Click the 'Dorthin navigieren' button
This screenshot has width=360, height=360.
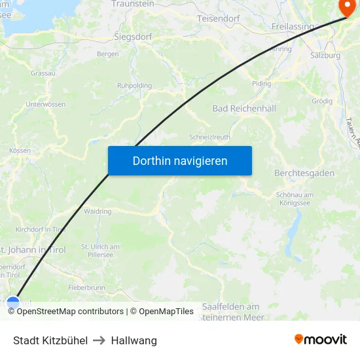[180, 160]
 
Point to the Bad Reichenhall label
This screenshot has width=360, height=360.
[244, 109]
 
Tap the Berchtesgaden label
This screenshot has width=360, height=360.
[304, 173]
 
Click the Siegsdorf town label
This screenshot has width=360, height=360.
[133, 37]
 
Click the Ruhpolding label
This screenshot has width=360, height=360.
[134, 86]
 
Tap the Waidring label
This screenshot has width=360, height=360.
[98, 211]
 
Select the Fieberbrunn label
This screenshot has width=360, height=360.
[86, 287]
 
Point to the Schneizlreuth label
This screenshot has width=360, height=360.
[209, 137]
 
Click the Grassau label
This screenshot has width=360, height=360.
[43, 73]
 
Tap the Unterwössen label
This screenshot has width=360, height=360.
[45, 105]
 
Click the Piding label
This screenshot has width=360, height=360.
[261, 84]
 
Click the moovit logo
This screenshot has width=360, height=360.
[320, 339]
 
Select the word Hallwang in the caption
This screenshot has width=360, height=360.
[134, 340]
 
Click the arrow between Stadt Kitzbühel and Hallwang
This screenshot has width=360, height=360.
[99, 340]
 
